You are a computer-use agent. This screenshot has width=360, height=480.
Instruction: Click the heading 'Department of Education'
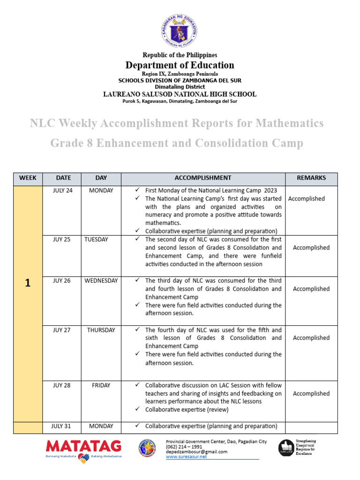[x=180, y=65]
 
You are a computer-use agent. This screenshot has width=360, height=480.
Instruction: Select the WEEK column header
[x=28, y=178]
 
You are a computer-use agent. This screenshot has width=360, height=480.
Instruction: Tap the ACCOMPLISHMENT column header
[x=202, y=178]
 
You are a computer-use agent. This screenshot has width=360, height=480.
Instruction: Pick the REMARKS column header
[x=311, y=178]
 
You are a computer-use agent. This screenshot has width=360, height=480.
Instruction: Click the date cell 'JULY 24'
[x=63, y=190]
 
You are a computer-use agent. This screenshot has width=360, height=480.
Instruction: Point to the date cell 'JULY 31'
[x=63, y=426]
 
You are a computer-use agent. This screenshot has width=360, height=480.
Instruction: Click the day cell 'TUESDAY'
[x=96, y=240]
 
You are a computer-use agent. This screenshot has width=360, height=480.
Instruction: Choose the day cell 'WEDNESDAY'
[x=101, y=281]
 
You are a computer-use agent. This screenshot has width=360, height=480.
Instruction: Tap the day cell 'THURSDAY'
[x=101, y=330]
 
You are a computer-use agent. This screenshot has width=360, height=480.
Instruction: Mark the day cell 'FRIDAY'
[x=101, y=385]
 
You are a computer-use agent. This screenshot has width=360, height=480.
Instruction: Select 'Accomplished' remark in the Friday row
[x=311, y=394]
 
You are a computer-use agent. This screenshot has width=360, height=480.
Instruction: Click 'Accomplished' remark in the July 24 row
[x=306, y=199]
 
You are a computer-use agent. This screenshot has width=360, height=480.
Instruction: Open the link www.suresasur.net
[x=186, y=457]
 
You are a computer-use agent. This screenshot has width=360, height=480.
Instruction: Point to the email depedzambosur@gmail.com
[x=196, y=451]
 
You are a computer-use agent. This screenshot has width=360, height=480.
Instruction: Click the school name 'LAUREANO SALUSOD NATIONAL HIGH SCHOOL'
[x=180, y=94]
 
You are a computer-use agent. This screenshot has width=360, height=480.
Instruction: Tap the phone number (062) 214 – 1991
[x=184, y=447]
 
